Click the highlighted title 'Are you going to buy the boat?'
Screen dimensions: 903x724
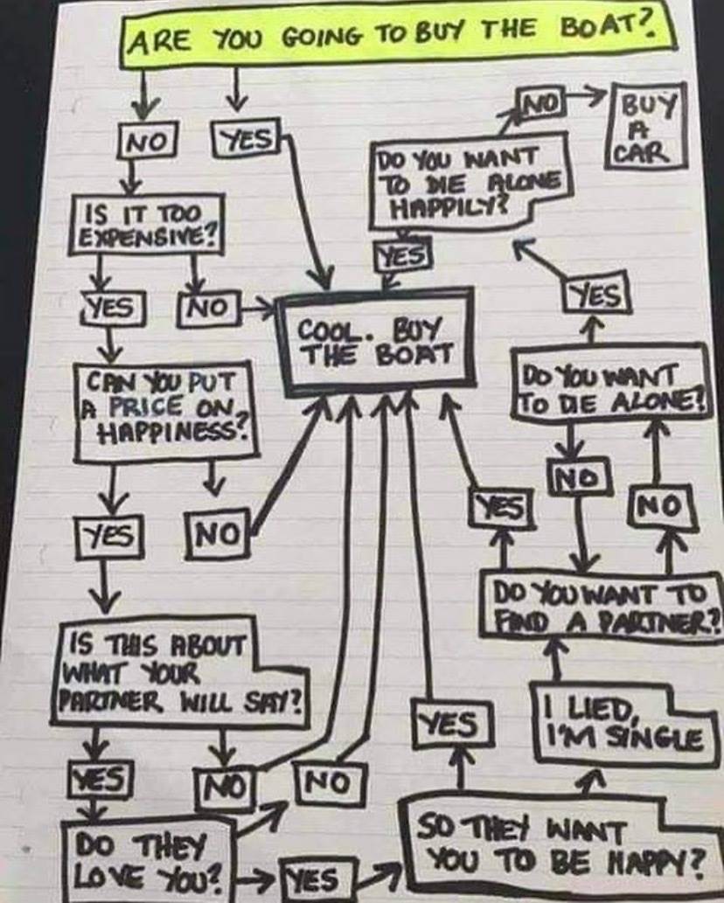tap(398, 36)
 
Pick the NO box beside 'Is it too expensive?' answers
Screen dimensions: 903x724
tap(207, 307)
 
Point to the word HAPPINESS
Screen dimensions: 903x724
tap(173, 430)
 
